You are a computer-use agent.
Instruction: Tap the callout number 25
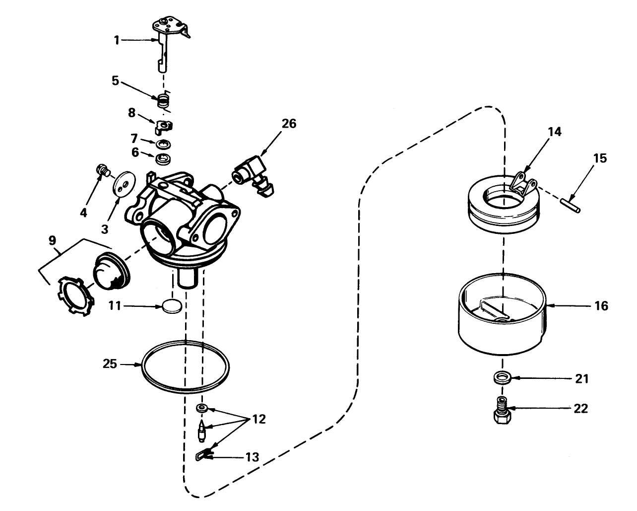[x=110, y=364]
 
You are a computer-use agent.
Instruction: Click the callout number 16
[x=600, y=306]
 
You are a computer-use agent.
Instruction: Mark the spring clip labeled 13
[x=204, y=453]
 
